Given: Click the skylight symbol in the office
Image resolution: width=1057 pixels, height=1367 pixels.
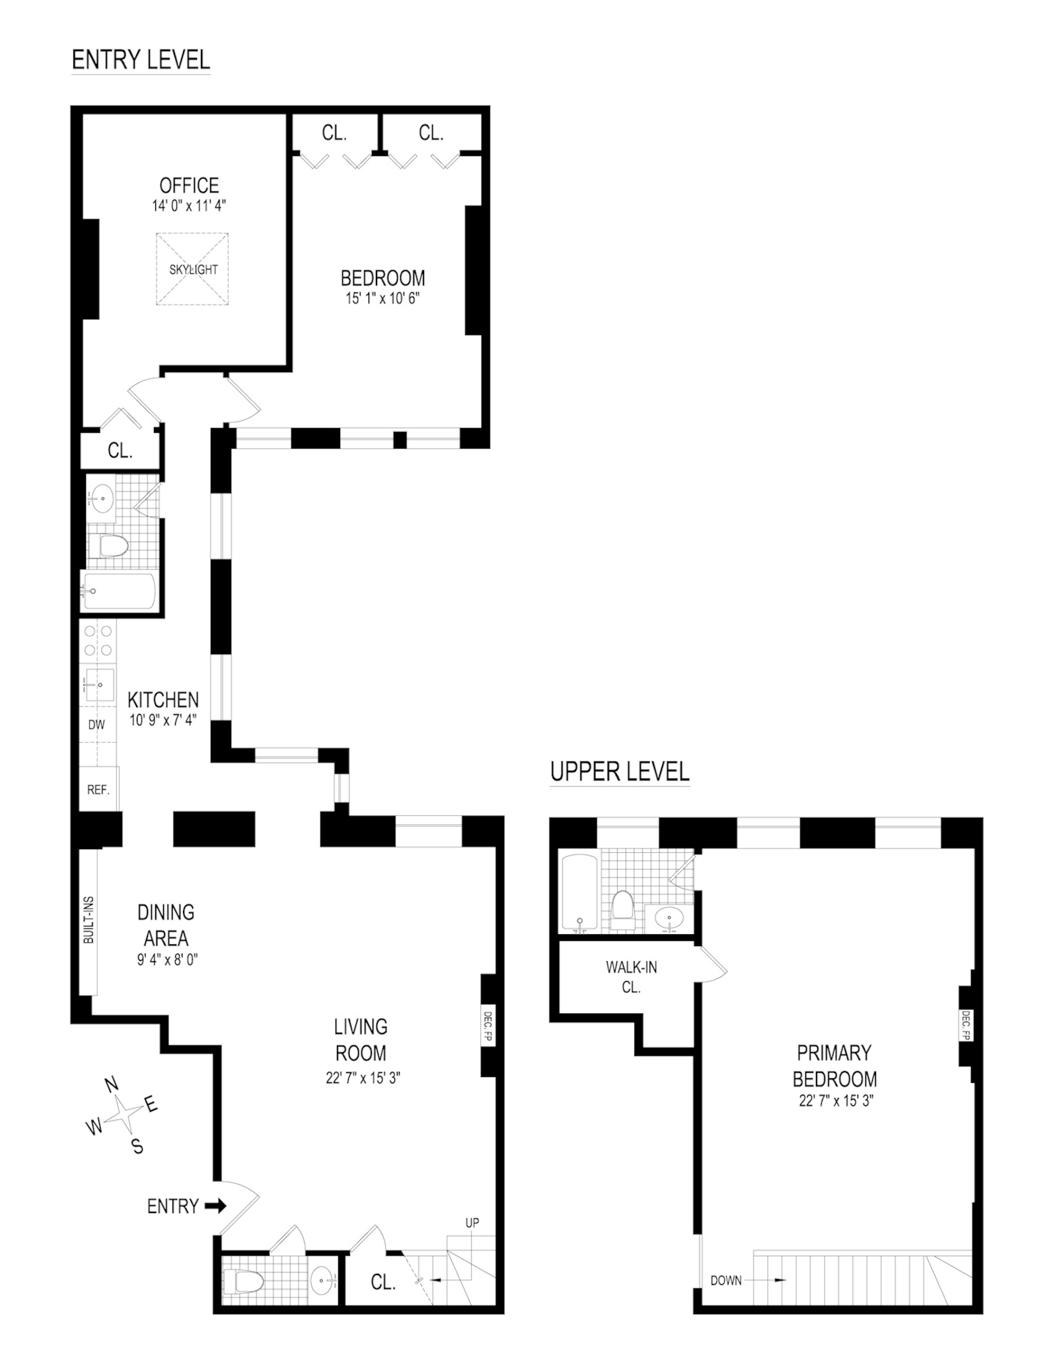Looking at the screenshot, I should tap(192, 269).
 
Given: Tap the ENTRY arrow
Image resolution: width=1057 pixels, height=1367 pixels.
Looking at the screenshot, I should tap(215, 1206).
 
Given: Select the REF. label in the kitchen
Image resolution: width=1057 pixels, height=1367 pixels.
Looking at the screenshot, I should tap(98, 790).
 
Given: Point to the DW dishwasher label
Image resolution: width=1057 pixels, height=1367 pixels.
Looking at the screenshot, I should tap(96, 724).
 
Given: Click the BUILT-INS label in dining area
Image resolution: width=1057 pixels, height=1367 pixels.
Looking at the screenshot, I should tap(89, 920).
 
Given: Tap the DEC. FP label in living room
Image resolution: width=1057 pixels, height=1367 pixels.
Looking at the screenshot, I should tap(488, 1026).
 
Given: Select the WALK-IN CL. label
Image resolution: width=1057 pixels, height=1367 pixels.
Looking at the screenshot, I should tap(631, 977).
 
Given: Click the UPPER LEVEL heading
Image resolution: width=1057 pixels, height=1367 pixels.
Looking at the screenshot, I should tap(620, 771).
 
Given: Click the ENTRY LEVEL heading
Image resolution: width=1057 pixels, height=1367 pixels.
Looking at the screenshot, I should tap(141, 60).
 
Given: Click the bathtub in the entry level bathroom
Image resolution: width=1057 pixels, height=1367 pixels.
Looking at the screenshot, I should tap(118, 591).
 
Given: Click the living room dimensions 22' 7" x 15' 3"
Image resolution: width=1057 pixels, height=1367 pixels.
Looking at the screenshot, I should tap(363, 1078).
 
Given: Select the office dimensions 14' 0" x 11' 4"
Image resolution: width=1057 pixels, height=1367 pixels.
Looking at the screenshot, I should tap(189, 205).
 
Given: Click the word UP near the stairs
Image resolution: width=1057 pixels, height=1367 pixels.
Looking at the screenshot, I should tap(472, 1223).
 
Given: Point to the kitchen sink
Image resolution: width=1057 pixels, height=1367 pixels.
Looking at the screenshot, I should tap(98, 684).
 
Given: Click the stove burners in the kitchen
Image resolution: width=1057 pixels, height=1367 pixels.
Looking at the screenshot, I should tap(98, 640).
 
